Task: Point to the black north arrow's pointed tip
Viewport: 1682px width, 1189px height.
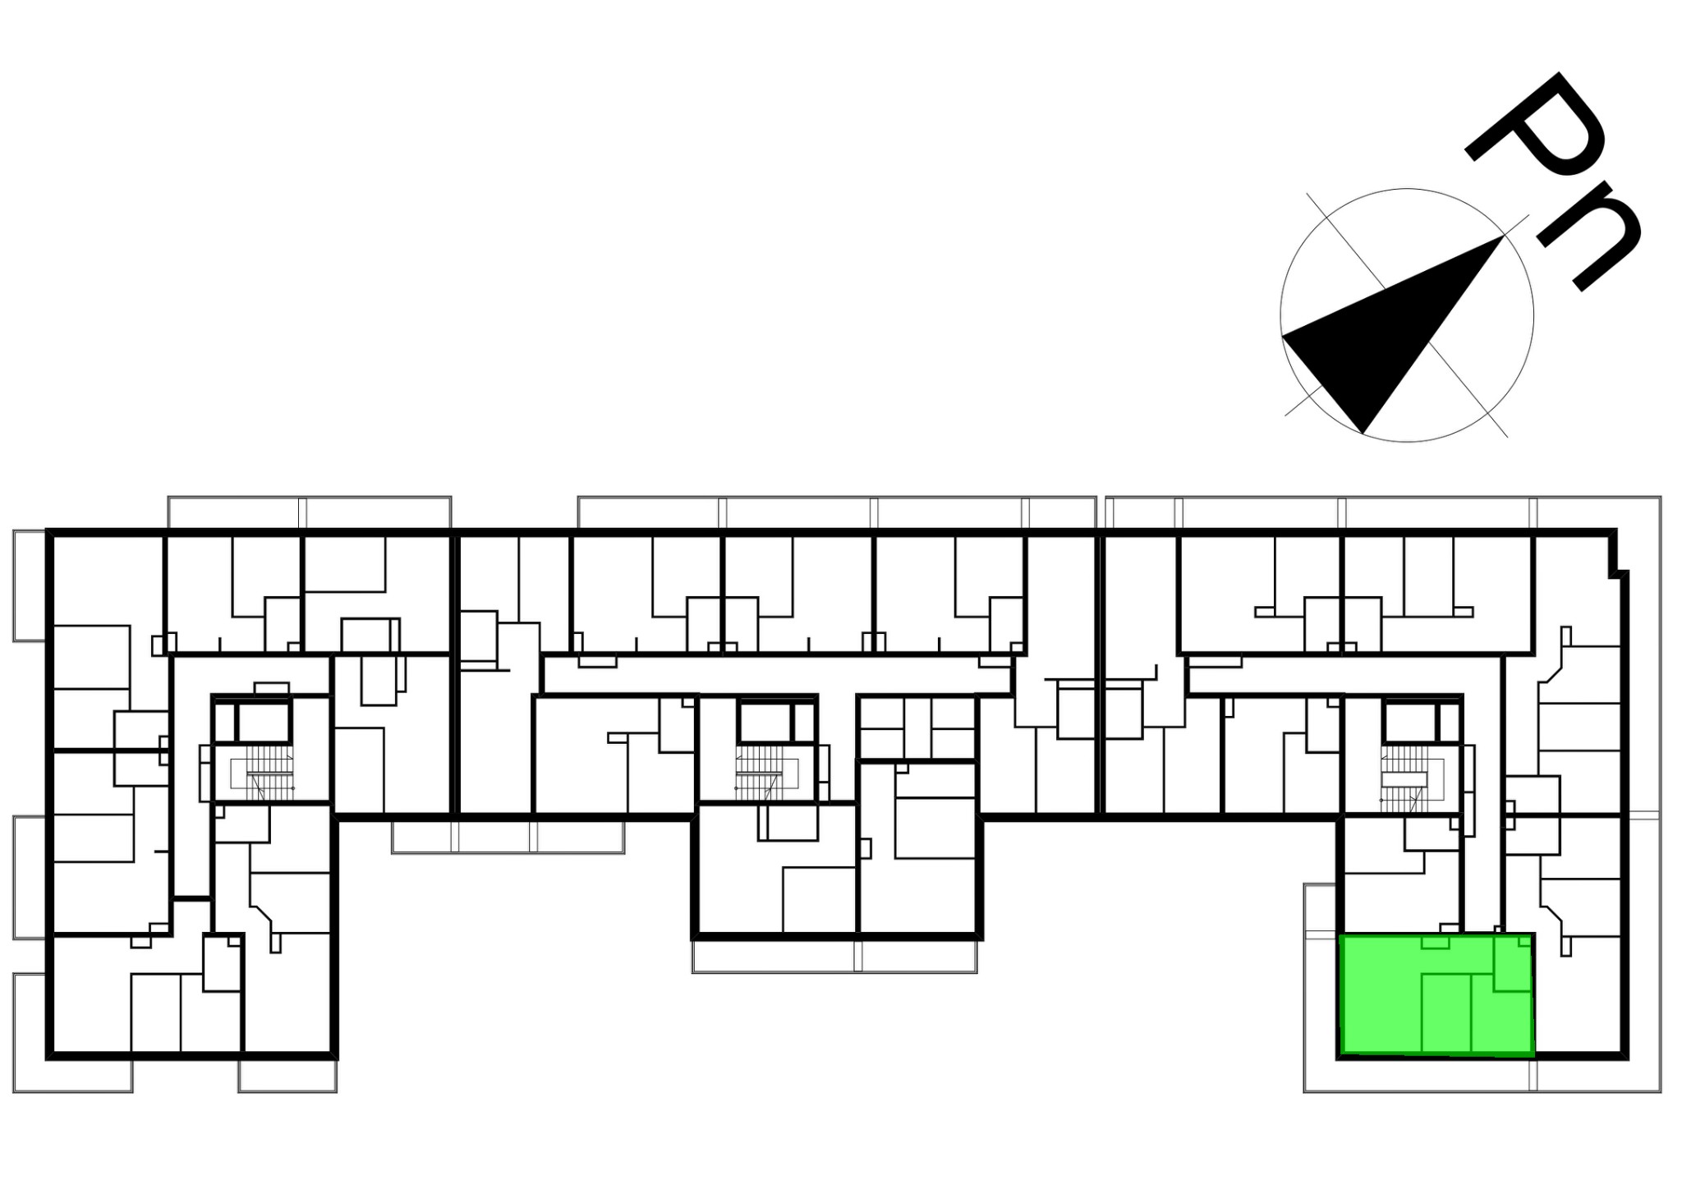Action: coord(1503,236)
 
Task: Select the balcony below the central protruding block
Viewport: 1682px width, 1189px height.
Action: coord(834,957)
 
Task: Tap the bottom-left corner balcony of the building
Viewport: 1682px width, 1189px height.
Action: coord(72,1033)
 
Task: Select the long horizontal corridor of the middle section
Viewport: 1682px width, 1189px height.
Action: coord(776,674)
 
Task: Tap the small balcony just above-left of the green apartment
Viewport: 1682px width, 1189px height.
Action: coord(1321,911)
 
